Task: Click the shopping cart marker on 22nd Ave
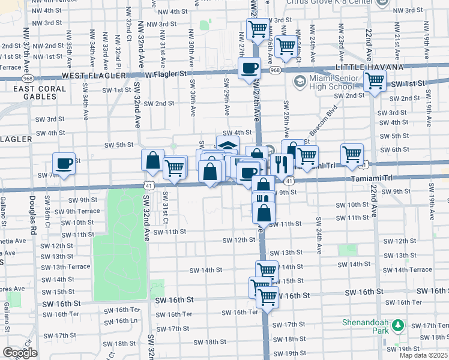point(375,81)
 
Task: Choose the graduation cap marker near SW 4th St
point(227,146)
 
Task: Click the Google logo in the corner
point(20,353)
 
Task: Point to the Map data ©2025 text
point(423,355)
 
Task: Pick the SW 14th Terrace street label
point(411,269)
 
